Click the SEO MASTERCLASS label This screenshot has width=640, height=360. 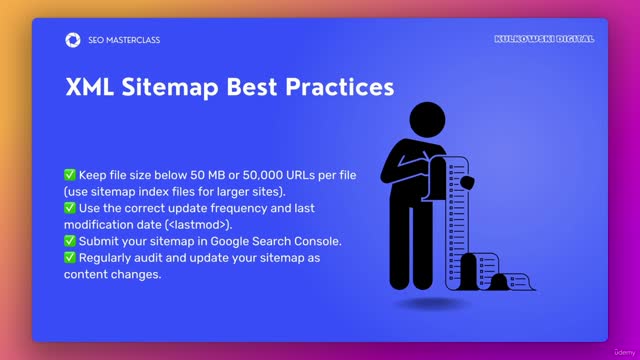tap(124, 40)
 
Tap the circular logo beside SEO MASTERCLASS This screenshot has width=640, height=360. tap(72, 40)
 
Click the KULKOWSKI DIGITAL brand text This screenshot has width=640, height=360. tap(544, 39)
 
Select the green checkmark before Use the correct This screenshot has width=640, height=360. tap(69, 208)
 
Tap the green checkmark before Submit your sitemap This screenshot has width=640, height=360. tap(69, 240)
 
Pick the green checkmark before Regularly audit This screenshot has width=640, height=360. tap(69, 257)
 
